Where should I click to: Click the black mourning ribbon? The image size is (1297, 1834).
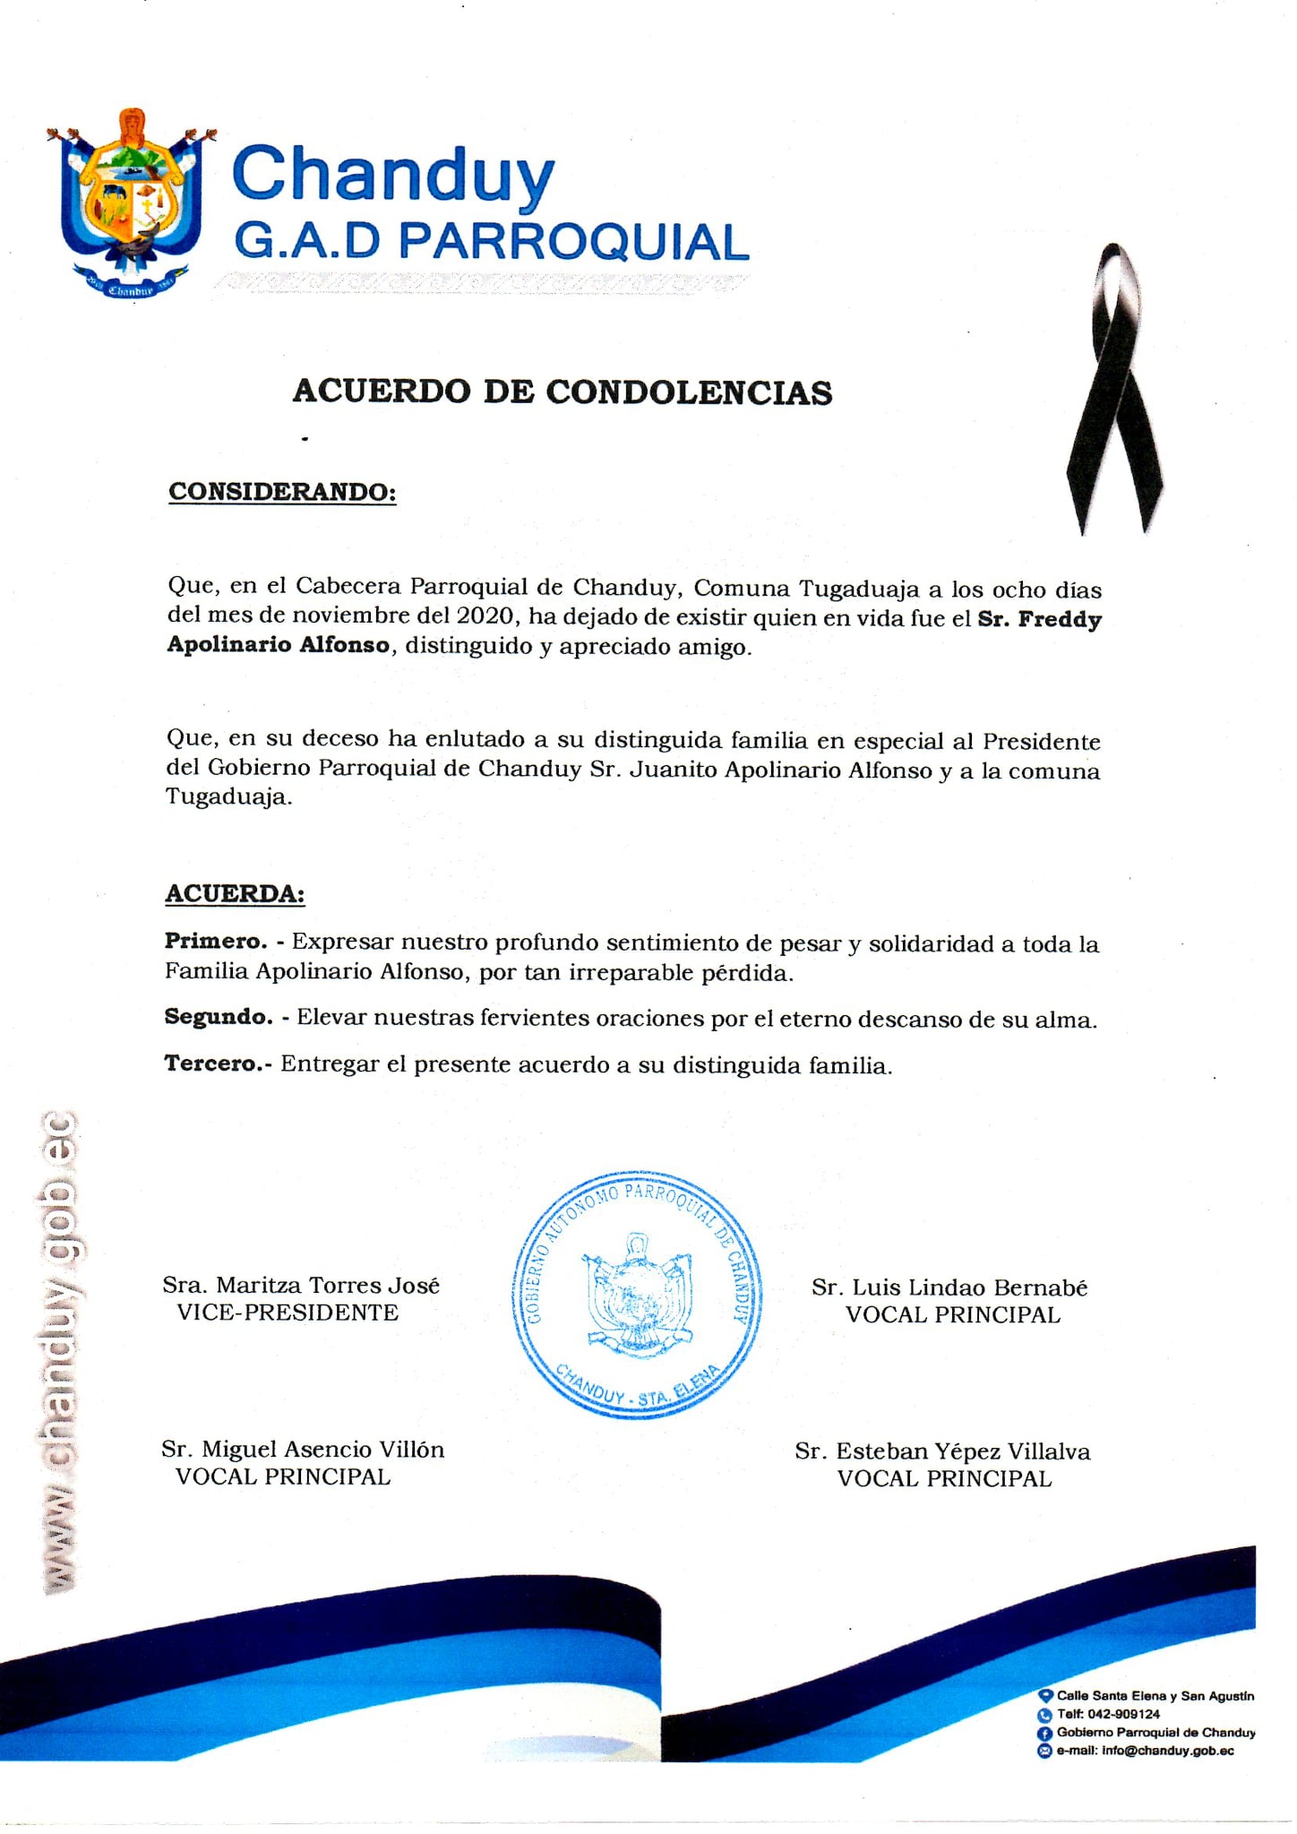pos(1113,391)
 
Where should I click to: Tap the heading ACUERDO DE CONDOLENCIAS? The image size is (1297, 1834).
pos(563,392)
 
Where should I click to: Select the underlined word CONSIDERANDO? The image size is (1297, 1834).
pos(282,492)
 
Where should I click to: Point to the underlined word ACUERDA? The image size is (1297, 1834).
pos(235,893)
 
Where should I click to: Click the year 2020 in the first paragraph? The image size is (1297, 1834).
pos(488,616)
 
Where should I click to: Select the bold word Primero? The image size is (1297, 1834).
pos(215,941)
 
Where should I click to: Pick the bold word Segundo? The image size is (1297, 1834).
pos(218,1017)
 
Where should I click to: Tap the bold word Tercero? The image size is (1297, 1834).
pos(215,1063)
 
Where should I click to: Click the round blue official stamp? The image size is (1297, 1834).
pos(637,1295)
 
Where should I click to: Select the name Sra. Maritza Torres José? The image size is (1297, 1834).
pos(301,1285)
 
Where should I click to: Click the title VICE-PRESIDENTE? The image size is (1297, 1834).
pos(288,1313)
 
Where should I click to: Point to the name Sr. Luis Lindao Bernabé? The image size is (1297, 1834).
pos(949,1287)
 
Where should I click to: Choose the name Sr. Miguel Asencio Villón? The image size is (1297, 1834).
pos(303,1449)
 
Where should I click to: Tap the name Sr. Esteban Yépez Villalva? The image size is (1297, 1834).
pos(942,1451)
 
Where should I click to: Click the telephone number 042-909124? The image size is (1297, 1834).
pos(1123,1714)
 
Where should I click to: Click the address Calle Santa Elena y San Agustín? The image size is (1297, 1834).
pos(1155,1695)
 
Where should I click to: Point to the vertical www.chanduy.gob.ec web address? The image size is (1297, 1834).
pos(59,1353)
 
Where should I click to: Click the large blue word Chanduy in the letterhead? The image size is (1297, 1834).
pos(393,174)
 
